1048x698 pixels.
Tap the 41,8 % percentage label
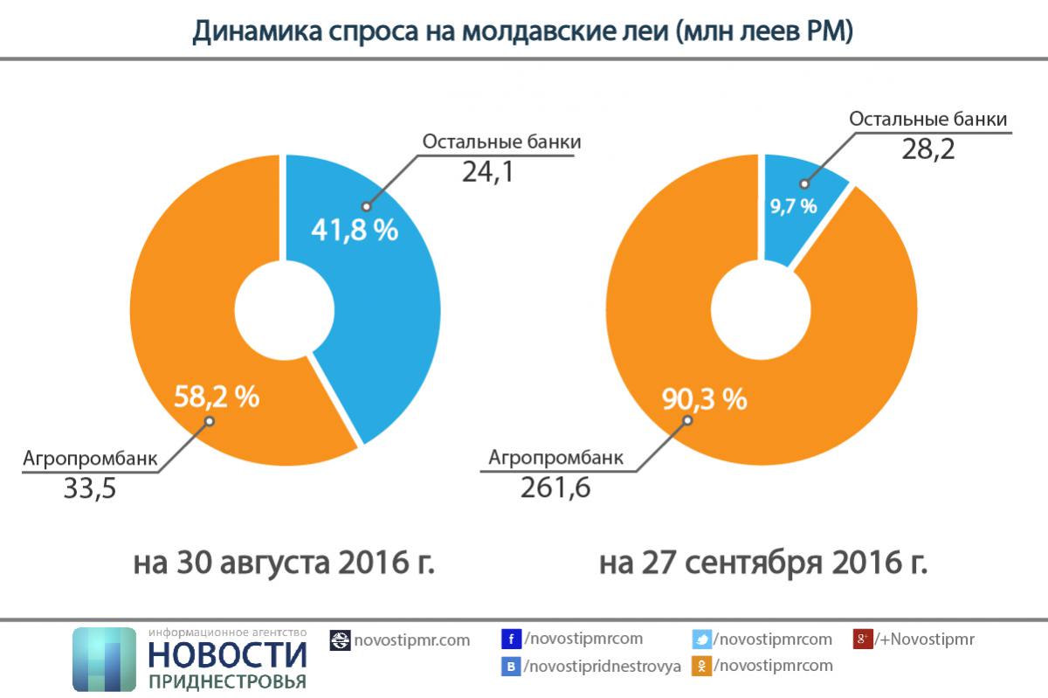click(355, 231)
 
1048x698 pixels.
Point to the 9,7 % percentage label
click(793, 206)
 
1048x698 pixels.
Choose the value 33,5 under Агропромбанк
click(90, 487)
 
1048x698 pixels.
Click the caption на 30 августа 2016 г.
click(285, 563)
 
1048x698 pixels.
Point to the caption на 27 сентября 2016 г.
click(763, 563)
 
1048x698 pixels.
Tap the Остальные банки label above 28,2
click(928, 120)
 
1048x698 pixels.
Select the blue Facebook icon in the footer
click(512, 639)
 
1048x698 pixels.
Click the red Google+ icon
click(863, 639)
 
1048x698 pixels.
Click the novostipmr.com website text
click(411, 640)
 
